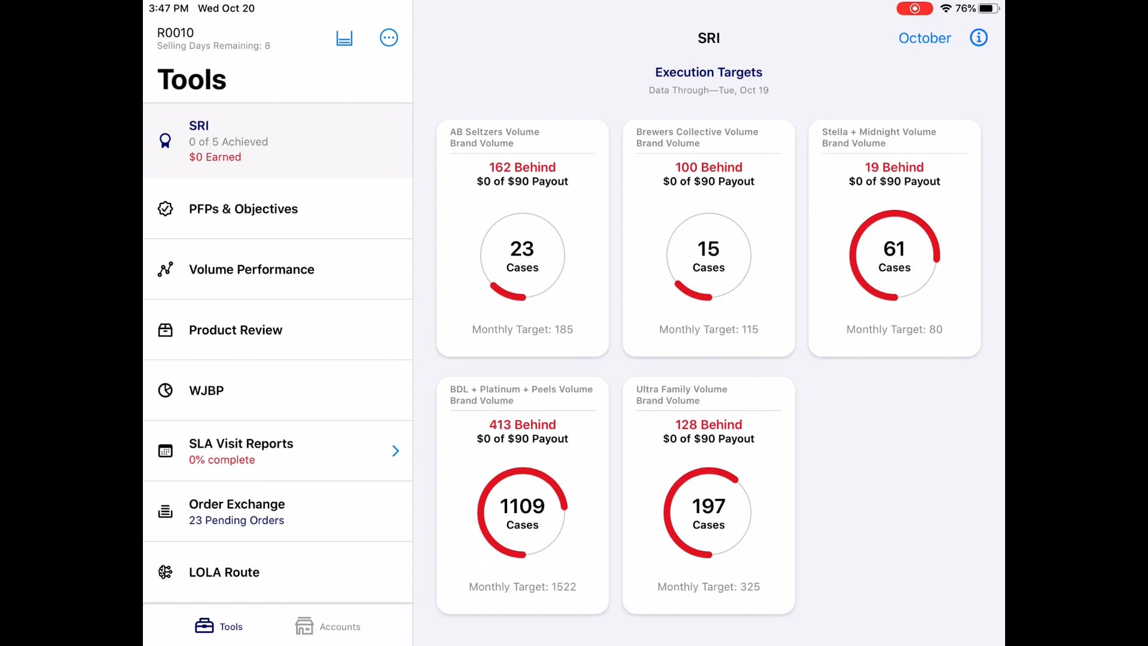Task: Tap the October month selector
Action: [924, 38]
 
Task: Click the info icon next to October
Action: [978, 38]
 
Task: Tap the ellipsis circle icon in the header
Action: [389, 38]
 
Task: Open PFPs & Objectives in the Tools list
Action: [243, 209]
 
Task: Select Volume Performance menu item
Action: [251, 269]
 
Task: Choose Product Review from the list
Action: [235, 330]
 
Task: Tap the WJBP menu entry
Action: [206, 391]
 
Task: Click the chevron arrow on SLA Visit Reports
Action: [395, 451]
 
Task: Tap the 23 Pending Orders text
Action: [236, 520]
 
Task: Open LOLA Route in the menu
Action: [224, 572]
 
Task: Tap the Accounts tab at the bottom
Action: [328, 626]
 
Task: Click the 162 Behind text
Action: [522, 167]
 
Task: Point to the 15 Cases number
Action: [709, 248]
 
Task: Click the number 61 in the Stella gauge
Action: [894, 248]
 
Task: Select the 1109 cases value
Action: [522, 506]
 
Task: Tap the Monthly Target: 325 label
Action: [709, 587]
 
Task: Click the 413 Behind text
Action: [522, 425]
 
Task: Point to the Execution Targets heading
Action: [709, 72]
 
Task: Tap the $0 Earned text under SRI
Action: [215, 157]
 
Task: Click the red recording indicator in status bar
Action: [914, 8]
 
